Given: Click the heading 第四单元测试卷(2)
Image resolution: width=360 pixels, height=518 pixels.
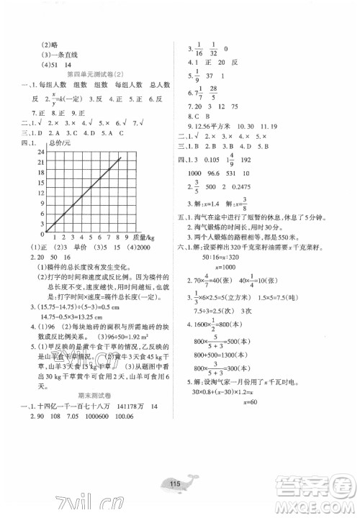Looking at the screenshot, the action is (94, 74).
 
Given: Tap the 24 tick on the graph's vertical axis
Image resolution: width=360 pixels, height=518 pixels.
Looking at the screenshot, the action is (42, 155).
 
